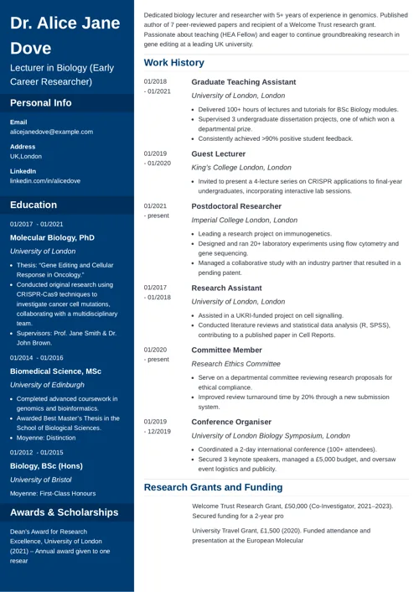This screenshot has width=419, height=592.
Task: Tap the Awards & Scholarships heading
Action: pos(65,512)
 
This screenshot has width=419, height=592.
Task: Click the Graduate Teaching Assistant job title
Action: pos(243,82)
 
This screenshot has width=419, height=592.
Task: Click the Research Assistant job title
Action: pos(228,288)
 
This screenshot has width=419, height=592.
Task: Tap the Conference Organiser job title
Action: pos(235,422)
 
